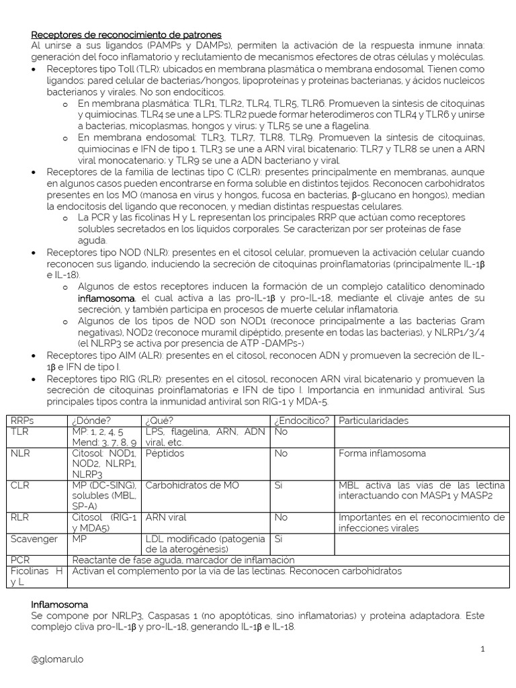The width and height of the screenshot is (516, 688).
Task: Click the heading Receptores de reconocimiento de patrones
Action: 126,34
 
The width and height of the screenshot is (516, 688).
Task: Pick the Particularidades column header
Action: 373,421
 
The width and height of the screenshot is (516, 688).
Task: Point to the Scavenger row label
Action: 35,539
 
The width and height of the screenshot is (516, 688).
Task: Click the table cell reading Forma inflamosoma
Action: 382,454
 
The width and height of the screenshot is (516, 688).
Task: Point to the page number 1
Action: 482,648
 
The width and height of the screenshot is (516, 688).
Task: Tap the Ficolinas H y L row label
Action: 37,576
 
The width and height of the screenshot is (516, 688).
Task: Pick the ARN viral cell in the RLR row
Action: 166,518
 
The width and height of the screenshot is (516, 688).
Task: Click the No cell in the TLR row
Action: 281,432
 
